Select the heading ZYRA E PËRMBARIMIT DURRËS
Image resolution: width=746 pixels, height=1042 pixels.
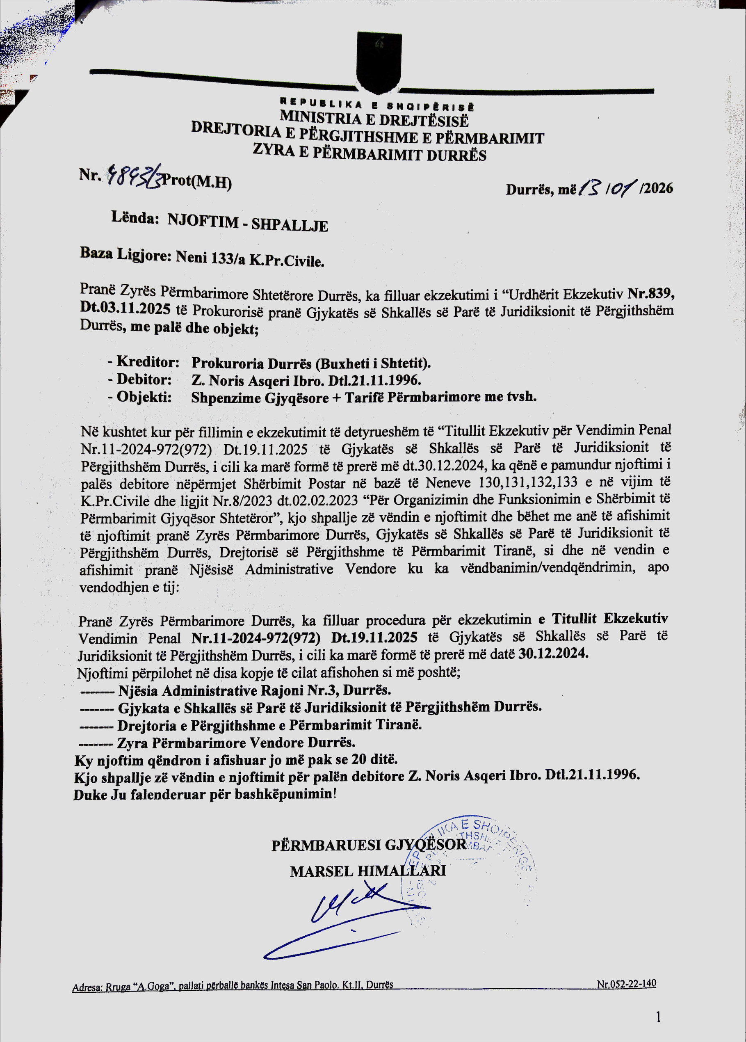[370, 153]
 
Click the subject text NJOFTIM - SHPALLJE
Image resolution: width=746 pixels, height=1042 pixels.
[248, 223]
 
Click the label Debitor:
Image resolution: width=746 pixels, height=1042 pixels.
[144, 379]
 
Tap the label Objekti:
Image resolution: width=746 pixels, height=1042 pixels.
[144, 396]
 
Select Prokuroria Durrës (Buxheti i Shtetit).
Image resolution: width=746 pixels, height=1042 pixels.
[311, 363]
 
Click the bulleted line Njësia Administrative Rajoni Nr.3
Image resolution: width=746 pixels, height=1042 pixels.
[254, 690]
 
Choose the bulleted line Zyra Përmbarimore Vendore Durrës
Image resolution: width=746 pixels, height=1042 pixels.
[236, 743]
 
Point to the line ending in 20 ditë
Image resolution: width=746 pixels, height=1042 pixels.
[236, 760]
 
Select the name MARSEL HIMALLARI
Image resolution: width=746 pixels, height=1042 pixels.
[368, 871]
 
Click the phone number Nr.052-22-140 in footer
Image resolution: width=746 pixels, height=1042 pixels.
[626, 984]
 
